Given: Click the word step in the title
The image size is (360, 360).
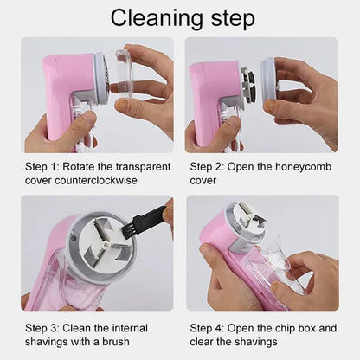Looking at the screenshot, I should point(232,18).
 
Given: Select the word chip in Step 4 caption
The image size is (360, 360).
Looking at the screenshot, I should point(286,328).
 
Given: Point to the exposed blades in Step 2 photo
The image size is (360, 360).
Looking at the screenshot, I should point(247,87).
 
